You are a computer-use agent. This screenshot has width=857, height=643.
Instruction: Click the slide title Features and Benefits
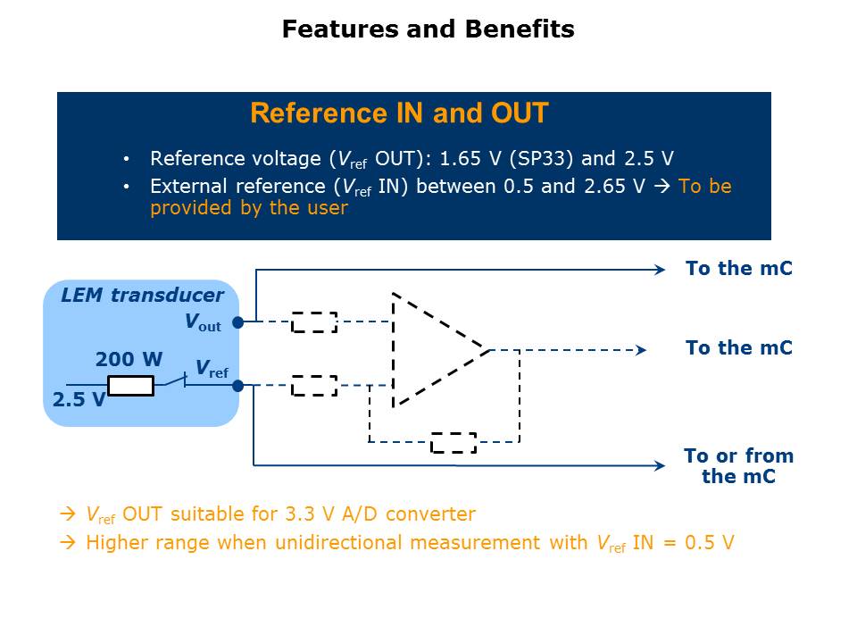click(x=428, y=29)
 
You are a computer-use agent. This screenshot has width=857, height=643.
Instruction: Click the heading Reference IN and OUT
click(x=399, y=113)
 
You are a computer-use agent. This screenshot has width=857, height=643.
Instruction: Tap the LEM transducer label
click(x=142, y=296)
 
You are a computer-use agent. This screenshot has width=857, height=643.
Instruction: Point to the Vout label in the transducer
click(x=203, y=322)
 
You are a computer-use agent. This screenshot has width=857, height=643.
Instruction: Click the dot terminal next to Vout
click(x=237, y=322)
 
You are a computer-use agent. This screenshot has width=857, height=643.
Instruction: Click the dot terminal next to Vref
click(x=237, y=386)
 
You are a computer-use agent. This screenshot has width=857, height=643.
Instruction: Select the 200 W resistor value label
click(x=129, y=360)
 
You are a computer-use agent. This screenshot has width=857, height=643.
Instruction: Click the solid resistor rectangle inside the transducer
click(x=130, y=386)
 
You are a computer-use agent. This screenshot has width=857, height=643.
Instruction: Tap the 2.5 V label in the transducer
click(x=79, y=400)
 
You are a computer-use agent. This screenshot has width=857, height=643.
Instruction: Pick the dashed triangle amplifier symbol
click(x=433, y=349)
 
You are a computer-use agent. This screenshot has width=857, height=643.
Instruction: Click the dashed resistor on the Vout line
click(x=314, y=322)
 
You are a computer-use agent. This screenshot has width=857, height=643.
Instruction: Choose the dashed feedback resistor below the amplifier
click(x=453, y=442)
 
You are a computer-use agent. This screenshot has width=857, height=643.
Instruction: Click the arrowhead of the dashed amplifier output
click(x=640, y=350)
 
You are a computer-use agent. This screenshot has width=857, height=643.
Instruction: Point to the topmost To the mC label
click(x=738, y=268)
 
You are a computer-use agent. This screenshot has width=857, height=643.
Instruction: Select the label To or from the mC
click(x=738, y=465)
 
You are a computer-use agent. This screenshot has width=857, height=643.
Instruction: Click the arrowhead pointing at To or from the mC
click(x=660, y=465)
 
